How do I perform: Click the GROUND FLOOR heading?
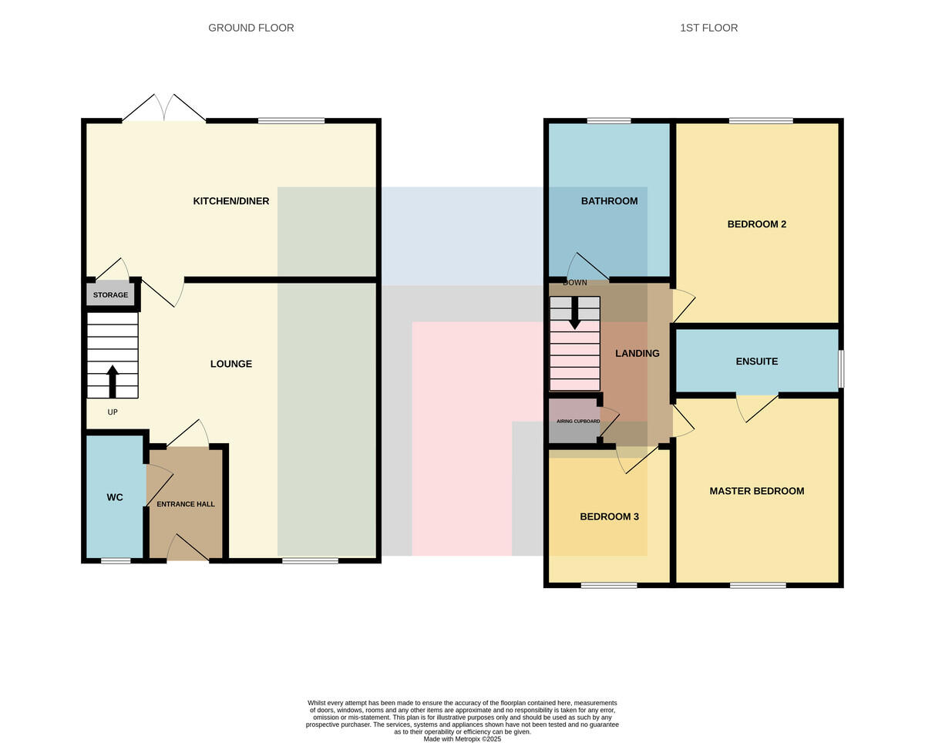[251, 28]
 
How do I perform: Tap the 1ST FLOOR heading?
[709, 28]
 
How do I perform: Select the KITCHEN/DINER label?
[231, 201]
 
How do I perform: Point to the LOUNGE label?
[231, 364]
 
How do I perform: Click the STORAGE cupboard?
[110, 294]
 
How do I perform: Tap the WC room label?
[115, 497]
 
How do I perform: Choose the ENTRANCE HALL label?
[186, 504]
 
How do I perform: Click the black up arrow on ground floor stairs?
[113, 382]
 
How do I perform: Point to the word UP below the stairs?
[113, 412]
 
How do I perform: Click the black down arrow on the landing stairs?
[575, 313]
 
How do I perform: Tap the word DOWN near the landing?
[575, 282]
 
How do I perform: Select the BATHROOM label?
[610, 201]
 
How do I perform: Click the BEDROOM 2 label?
[757, 224]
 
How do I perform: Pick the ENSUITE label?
[757, 361]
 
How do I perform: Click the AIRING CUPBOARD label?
[578, 421]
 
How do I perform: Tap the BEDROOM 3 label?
[610, 516]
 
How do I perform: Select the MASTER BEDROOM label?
[757, 491]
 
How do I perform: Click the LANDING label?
[637, 353]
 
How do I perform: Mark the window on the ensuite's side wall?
[841, 369]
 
